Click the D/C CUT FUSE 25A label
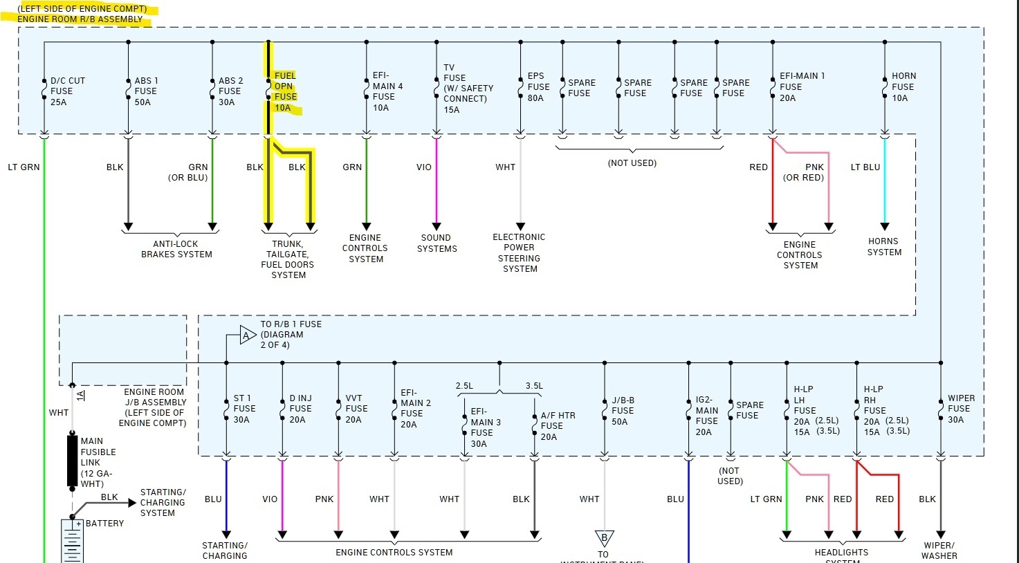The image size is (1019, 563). pyautogui.click(x=67, y=91)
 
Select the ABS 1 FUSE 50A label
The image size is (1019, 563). pyautogui.click(x=145, y=91)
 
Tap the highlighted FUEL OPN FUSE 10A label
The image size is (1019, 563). pyautogui.click(x=285, y=91)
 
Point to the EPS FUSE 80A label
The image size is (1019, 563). pyautogui.click(x=538, y=87)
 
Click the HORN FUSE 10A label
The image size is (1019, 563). pyautogui.click(x=903, y=87)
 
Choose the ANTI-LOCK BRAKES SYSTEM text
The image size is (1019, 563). pyautogui.click(x=176, y=249)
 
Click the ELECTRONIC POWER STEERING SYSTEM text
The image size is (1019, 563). pyautogui.click(x=519, y=252)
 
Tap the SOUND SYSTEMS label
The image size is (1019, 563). pyautogui.click(x=437, y=243)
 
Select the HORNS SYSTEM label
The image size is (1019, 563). pyautogui.click(x=884, y=247)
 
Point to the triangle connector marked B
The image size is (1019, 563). pyautogui.click(x=604, y=537)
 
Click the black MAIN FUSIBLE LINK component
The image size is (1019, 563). pyautogui.click(x=72, y=459)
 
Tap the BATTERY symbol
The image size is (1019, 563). pyautogui.click(x=73, y=542)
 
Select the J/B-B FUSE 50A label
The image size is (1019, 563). pyautogui.click(x=622, y=411)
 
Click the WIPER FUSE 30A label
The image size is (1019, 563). pyautogui.click(x=960, y=409)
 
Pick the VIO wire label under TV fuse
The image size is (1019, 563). pyautogui.click(x=424, y=167)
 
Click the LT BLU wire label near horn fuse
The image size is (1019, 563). pyautogui.click(x=865, y=167)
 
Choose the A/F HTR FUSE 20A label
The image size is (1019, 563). pyautogui.click(x=557, y=426)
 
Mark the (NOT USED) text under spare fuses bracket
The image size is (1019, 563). pyautogui.click(x=632, y=163)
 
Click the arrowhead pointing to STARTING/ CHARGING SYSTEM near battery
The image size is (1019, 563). pyautogui.click(x=132, y=503)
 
